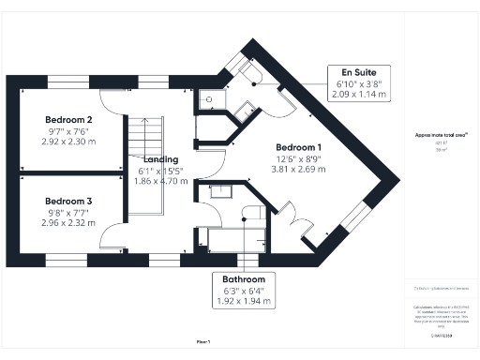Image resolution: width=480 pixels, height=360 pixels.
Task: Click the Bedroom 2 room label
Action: (69, 120)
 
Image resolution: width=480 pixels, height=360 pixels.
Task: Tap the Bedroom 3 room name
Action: (69, 201)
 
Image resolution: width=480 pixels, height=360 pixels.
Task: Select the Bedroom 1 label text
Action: (299, 147)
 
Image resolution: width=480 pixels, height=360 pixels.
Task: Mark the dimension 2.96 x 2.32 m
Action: (69, 223)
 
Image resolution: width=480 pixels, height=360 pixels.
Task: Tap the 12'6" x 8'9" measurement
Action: (299, 158)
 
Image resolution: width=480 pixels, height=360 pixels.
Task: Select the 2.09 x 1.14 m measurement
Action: (359, 95)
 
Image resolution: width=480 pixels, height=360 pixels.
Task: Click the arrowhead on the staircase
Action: (146, 159)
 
